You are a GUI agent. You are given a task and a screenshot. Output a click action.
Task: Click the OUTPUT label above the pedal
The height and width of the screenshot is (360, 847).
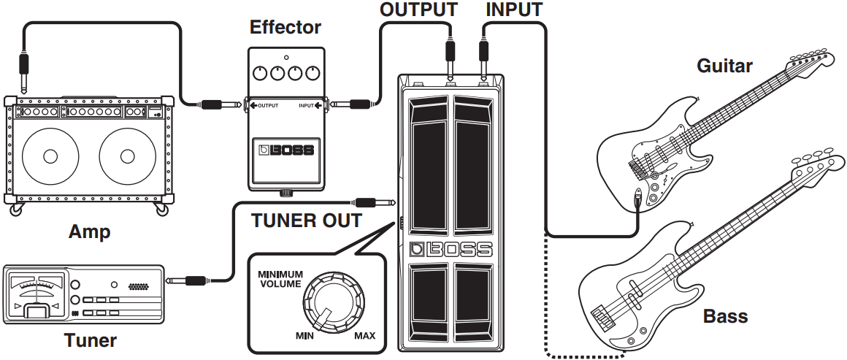click(418, 10)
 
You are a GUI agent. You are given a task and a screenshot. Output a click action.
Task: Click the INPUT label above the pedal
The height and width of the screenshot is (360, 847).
click(514, 10)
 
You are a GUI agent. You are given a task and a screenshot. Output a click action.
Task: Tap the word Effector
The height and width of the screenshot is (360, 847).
click(285, 28)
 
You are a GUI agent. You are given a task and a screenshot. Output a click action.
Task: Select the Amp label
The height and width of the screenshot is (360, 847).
click(89, 232)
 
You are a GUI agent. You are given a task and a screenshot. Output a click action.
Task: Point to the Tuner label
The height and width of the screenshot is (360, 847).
click(90, 340)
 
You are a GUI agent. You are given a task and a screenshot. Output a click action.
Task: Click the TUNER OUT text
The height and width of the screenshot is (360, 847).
click(306, 221)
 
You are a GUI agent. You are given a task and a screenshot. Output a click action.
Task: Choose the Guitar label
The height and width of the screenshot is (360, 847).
click(724, 66)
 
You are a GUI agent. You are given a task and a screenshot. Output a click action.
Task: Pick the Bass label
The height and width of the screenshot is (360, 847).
click(726, 316)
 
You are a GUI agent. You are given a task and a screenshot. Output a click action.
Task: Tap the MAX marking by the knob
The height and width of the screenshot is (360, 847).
click(364, 336)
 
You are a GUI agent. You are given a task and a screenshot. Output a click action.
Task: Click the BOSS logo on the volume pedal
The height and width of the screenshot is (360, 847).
click(451, 249)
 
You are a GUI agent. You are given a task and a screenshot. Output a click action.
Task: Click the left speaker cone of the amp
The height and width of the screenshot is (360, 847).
click(50, 156)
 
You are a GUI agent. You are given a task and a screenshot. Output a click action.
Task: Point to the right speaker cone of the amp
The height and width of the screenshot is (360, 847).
click(128, 156)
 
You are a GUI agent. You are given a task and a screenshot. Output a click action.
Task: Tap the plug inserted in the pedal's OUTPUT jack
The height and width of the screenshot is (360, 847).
click(450, 55)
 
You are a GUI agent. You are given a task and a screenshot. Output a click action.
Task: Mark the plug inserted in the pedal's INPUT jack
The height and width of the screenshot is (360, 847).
click(483, 55)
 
